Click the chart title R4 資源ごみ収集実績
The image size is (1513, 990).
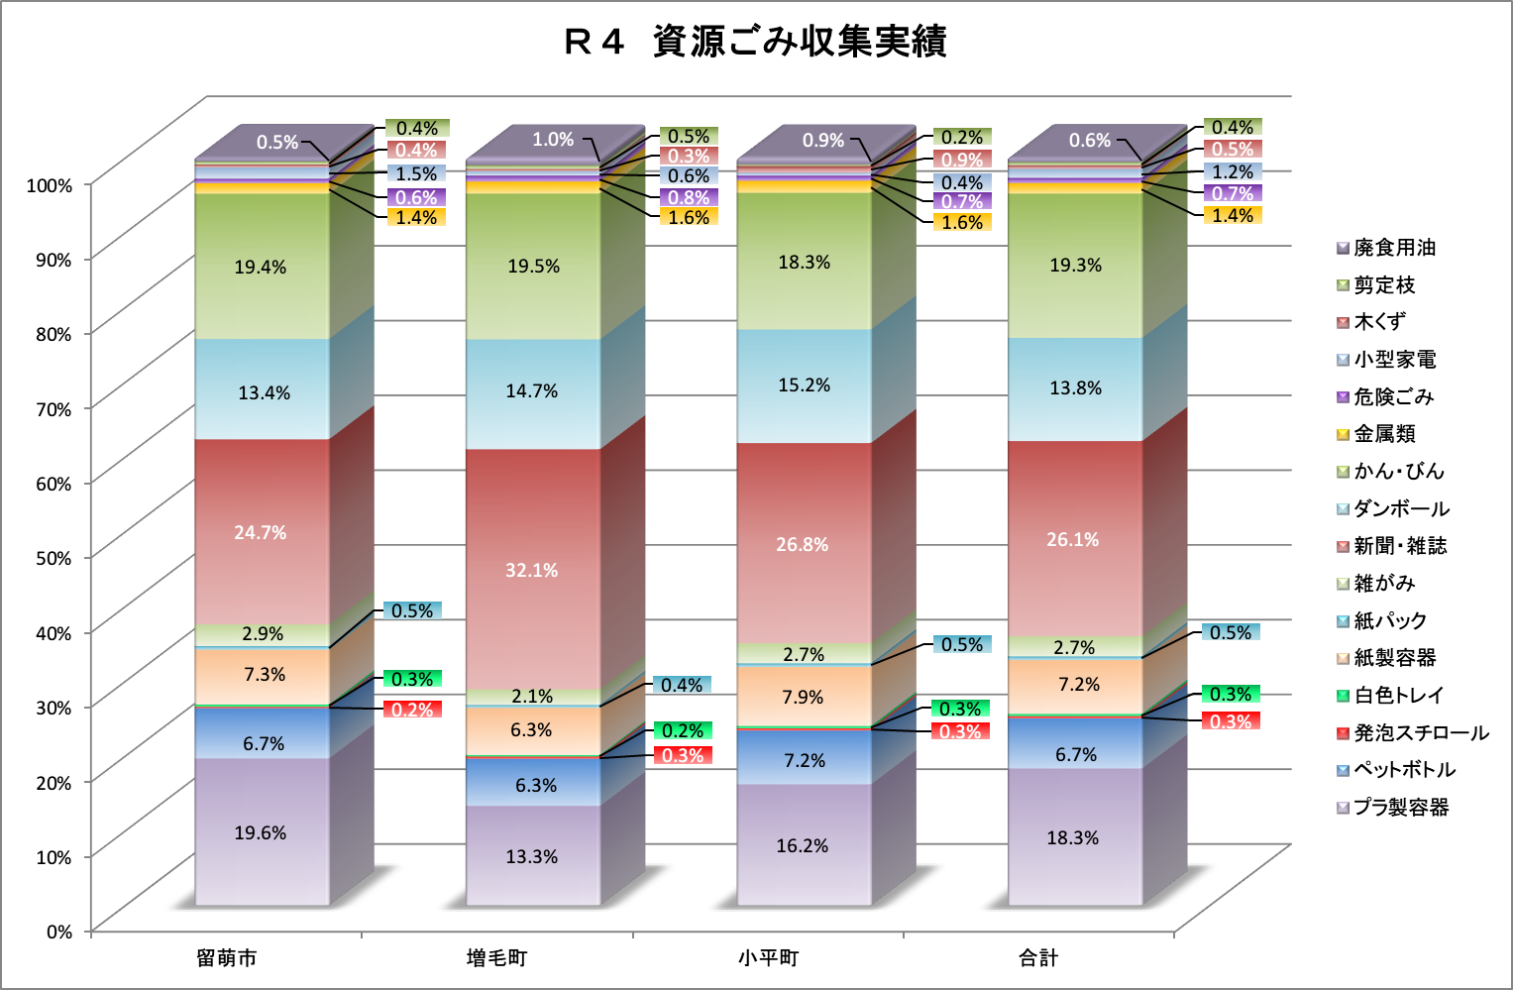[755, 42]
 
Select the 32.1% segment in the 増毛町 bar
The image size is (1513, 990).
[532, 570]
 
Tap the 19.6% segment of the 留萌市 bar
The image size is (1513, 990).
[261, 832]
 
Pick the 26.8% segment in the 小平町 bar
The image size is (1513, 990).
[803, 544]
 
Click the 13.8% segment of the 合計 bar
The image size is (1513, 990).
[1075, 388]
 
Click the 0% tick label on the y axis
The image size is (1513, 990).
[59, 932]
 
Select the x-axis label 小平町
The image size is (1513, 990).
[768, 958]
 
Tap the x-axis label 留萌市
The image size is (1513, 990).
[226, 958]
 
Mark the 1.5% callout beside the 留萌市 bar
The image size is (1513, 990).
[416, 173]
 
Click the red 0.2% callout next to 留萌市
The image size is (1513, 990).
[412, 710]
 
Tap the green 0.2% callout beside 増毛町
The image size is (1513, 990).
[683, 730]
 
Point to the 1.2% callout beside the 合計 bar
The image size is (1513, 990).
[1233, 171]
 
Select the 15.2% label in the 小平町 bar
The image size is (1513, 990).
[804, 385]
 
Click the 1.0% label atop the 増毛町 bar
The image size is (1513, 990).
[553, 140]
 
